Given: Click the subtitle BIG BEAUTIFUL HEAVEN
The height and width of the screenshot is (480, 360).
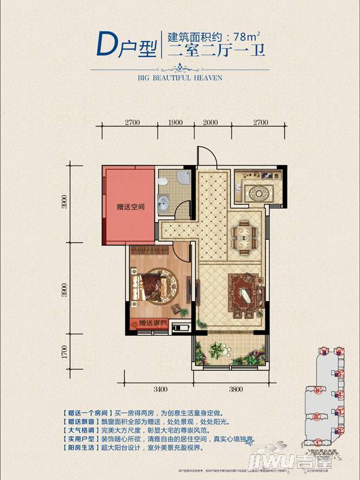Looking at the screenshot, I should (x=181, y=77).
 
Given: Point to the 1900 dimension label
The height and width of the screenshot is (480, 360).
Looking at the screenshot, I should (x=175, y=122).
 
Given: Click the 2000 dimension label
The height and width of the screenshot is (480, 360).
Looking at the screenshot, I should (x=210, y=122).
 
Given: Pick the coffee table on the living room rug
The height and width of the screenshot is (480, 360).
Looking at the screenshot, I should (x=244, y=296).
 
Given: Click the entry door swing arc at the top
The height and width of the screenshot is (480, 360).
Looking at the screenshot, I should (x=205, y=157).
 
